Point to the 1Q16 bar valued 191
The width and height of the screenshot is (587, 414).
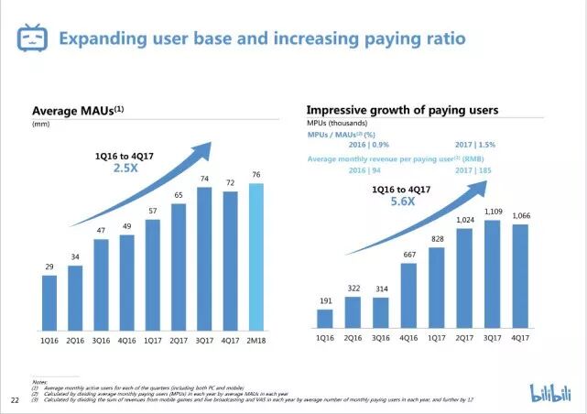(x=325, y=317)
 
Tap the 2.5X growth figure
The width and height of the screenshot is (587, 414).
(x=125, y=169)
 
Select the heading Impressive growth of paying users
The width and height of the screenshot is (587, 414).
(x=402, y=110)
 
